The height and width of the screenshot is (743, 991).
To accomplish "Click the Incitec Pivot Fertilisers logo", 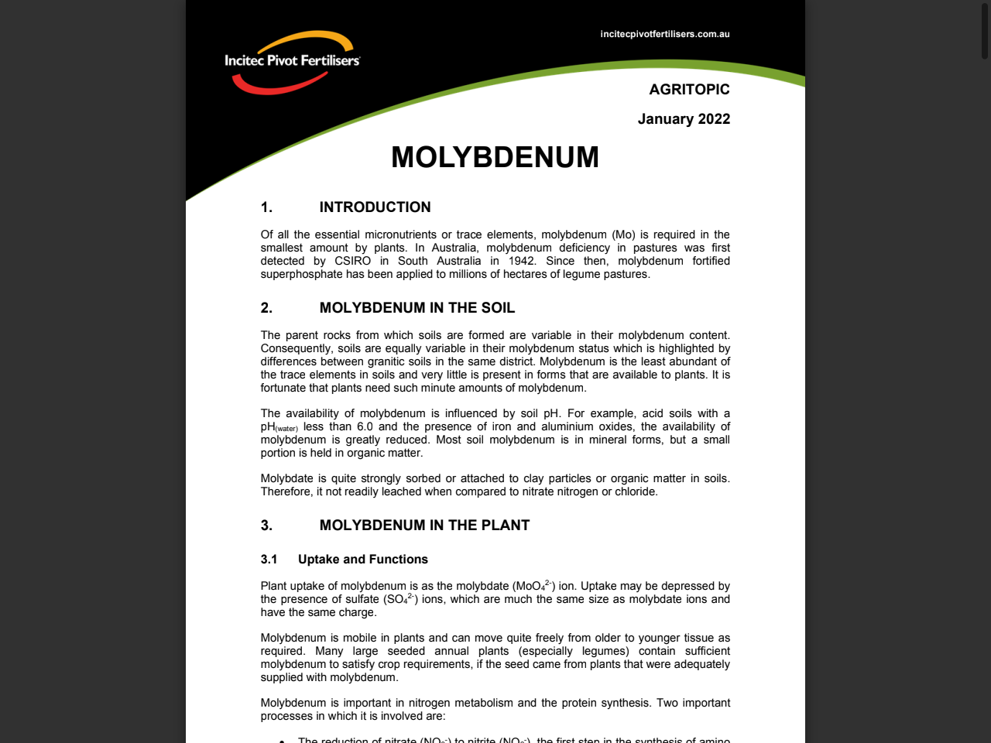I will click(x=292, y=62).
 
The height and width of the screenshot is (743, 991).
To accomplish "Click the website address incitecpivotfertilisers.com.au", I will click(x=664, y=34).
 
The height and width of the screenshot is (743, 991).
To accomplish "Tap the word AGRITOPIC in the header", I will click(x=689, y=89).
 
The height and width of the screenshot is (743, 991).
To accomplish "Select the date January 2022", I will click(x=684, y=118).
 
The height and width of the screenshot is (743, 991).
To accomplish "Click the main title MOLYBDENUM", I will click(x=495, y=157).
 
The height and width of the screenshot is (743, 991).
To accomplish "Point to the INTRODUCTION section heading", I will click(x=375, y=207).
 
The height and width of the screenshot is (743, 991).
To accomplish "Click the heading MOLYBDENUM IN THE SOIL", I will click(x=417, y=307).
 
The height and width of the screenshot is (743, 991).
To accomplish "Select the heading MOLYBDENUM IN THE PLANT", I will click(x=424, y=525).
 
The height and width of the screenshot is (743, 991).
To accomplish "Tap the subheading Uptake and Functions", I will click(x=362, y=559).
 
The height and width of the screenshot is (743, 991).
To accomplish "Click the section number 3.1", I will click(x=269, y=559).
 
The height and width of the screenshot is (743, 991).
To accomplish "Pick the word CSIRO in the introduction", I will click(x=352, y=261).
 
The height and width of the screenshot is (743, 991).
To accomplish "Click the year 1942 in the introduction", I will click(x=522, y=261).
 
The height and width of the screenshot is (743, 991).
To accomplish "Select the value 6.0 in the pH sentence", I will click(x=365, y=426).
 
